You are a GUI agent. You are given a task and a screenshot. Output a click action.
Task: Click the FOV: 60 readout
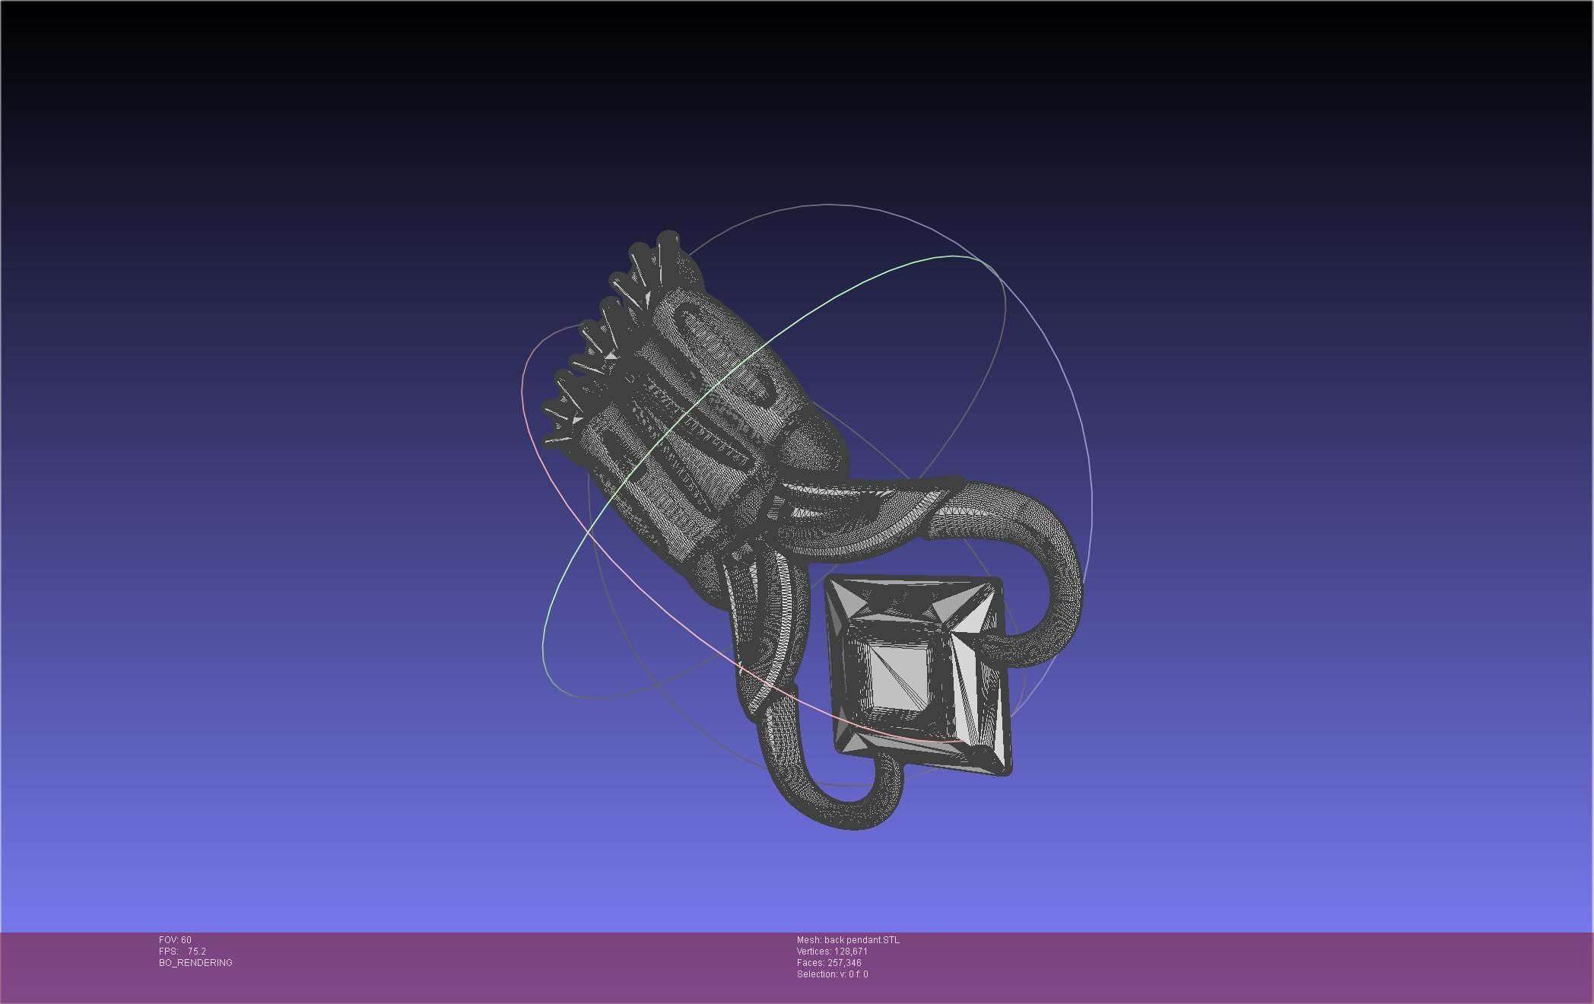tap(175, 940)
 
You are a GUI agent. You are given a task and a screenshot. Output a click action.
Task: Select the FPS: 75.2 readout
tap(183, 952)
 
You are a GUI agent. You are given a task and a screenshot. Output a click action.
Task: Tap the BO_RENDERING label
tap(195, 963)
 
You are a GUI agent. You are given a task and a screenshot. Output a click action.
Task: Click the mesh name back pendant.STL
tap(848, 940)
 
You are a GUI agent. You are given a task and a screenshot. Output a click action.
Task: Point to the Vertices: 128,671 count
tap(832, 952)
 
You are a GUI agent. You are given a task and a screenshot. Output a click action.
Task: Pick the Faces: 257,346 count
tap(829, 963)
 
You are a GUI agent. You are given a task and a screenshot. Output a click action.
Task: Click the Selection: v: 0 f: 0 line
tap(832, 974)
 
